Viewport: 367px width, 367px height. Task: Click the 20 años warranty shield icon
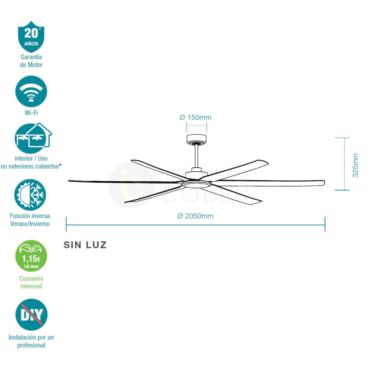click(x=31, y=36)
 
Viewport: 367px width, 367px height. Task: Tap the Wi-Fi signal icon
click(x=31, y=92)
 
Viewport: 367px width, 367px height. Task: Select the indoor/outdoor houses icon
click(x=33, y=138)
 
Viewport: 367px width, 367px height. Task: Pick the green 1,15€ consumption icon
click(x=31, y=256)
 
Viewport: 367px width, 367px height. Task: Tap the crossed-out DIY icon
click(x=31, y=315)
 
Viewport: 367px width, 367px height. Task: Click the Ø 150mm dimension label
click(x=195, y=117)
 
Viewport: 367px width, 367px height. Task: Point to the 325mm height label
click(x=355, y=166)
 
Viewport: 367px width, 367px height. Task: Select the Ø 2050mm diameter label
click(x=195, y=216)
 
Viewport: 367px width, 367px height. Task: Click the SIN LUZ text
click(x=85, y=245)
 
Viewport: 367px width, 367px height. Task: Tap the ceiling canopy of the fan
click(x=196, y=139)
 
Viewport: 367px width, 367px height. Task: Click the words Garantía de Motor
click(x=31, y=61)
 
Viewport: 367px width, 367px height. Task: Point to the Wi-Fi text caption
click(x=31, y=113)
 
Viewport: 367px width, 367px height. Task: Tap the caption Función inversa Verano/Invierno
click(x=30, y=220)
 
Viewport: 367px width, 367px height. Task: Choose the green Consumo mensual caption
click(x=31, y=283)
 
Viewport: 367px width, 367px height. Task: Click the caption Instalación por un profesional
click(x=31, y=341)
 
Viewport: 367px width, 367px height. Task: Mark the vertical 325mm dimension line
click(x=344, y=164)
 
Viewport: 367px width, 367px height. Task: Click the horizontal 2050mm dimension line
click(x=195, y=225)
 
